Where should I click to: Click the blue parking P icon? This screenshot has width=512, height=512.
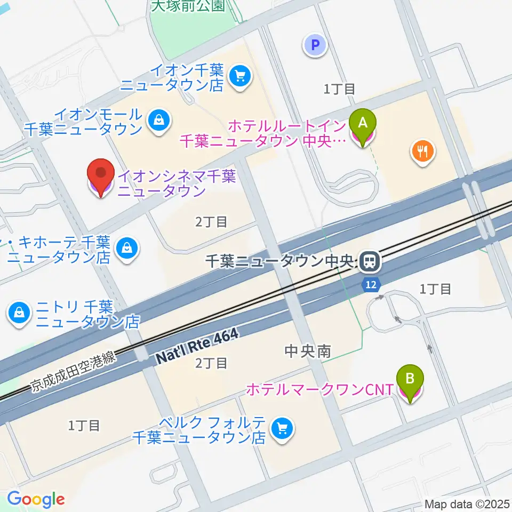tap(315, 45)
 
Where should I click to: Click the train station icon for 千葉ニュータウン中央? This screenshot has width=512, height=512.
tap(369, 261)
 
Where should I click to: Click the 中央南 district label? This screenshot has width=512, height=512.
tap(308, 351)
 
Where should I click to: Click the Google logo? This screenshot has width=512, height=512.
tap(36, 499)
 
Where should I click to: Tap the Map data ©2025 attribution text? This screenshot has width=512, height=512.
tap(466, 504)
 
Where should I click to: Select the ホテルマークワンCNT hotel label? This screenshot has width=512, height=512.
tap(319, 390)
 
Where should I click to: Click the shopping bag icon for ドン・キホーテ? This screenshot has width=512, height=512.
tap(127, 249)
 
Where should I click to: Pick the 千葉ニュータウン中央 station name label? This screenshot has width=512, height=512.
tap(279, 261)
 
